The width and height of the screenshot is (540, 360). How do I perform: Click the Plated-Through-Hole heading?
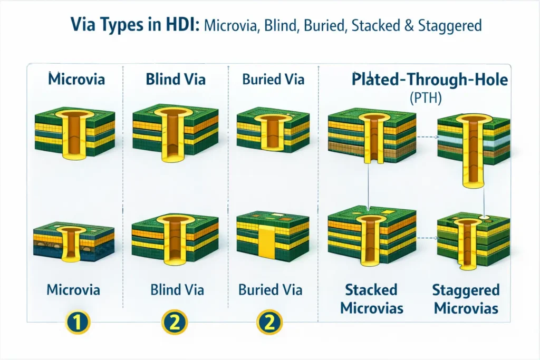430,81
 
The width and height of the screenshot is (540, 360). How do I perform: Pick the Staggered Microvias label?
466,299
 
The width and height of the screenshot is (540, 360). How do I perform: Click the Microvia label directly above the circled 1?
73,289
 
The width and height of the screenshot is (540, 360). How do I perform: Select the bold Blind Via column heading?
175,80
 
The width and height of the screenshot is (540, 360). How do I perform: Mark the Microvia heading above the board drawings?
76,80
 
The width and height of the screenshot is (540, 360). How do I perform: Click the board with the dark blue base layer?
73,241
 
